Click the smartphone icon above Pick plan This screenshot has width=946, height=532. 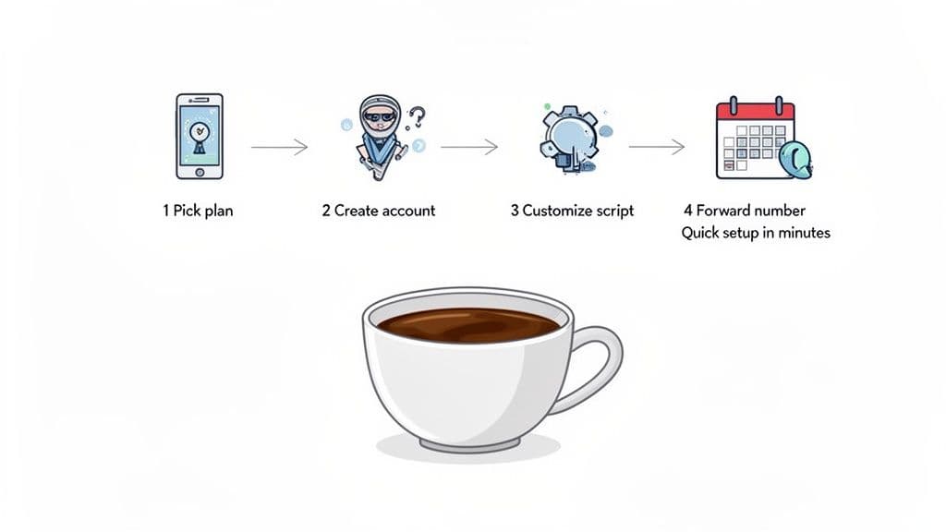(200, 136)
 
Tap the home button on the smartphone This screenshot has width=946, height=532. (200, 172)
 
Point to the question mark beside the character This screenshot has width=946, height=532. (418, 117)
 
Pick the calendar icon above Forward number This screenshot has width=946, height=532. (757, 139)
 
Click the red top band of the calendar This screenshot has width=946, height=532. (756, 111)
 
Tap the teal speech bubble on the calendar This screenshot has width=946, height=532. (795, 160)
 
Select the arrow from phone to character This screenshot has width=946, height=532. (279, 147)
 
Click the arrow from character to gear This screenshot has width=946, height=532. (469, 147)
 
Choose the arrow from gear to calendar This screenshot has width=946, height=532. (657, 147)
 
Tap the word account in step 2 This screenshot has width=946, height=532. (408, 211)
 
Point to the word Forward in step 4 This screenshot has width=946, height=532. (724, 211)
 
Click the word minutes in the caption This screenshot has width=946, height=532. (803, 233)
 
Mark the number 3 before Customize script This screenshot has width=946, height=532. (515, 211)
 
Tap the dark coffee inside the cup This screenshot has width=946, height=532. (468, 324)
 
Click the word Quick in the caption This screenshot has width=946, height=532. (702, 233)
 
